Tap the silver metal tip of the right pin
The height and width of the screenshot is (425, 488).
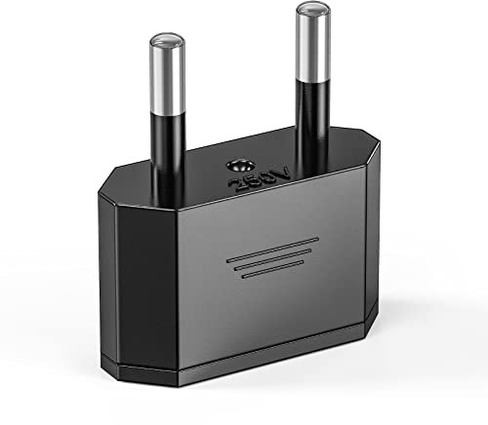tap(311, 44)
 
